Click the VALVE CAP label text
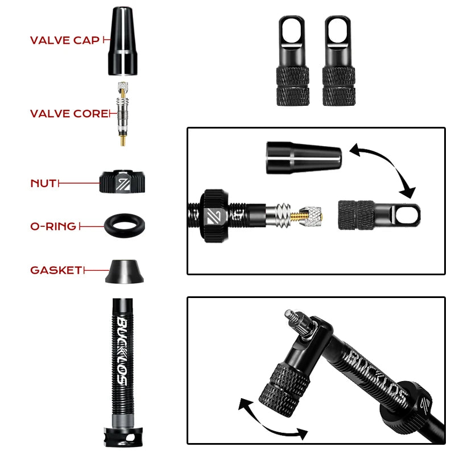tap(64, 40)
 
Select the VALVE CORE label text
tap(68, 114)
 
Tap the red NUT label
tap(43, 184)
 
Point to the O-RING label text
tap(53, 226)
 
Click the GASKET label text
tap(56, 270)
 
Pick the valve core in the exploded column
tap(122, 114)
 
